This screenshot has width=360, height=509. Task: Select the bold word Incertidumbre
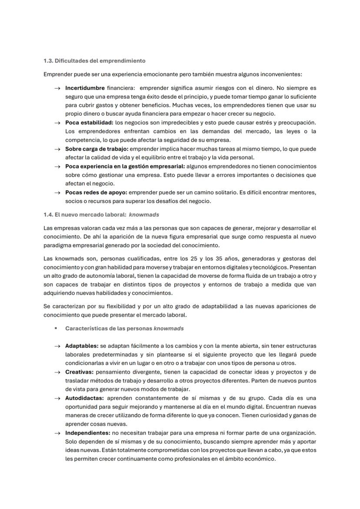pos(85,88)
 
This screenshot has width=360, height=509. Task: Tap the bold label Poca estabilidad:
pos(89,123)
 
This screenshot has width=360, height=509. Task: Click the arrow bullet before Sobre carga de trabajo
pos(57,149)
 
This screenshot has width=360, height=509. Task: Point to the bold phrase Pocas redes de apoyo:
pos(96,193)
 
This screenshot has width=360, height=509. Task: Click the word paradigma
pos(56,245)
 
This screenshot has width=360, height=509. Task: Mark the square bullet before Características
pos(56,328)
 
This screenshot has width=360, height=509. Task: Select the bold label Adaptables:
pos(82,346)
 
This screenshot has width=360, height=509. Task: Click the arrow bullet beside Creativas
pos(57,373)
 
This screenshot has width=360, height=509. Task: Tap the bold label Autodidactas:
pos(84,398)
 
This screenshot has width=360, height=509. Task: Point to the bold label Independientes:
pos(88,433)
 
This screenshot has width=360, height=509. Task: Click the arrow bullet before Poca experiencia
pos(57,166)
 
